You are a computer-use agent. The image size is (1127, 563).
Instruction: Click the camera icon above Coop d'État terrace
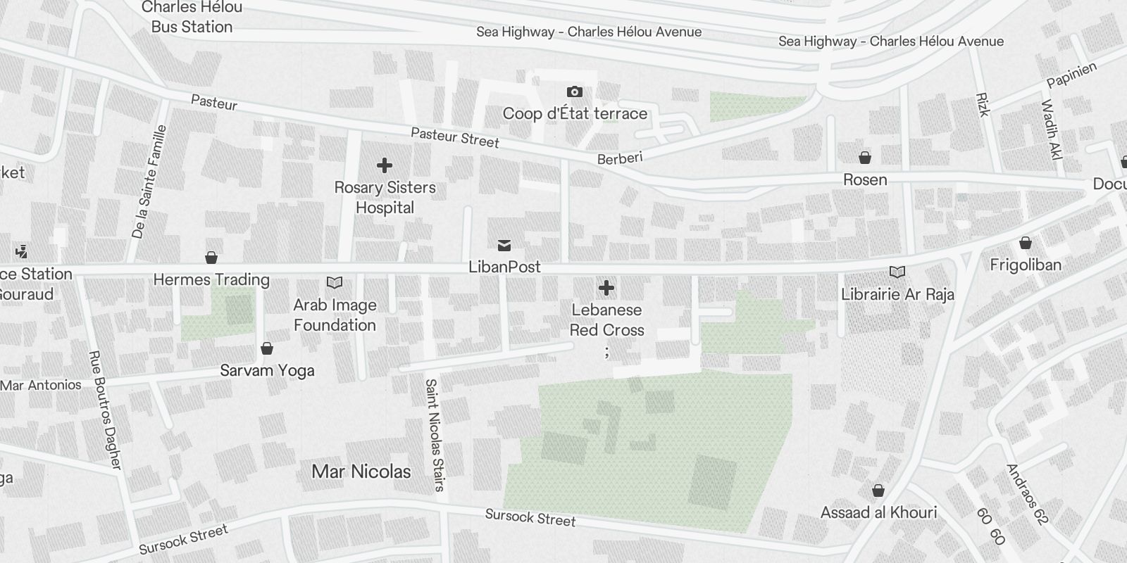pyautogui.click(x=574, y=91)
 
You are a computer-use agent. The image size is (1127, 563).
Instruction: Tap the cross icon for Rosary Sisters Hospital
pyautogui.click(x=384, y=165)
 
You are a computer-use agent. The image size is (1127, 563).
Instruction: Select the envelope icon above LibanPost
pyautogui.click(x=504, y=245)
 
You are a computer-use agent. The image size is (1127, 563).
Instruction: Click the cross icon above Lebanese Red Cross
pyautogui.click(x=606, y=288)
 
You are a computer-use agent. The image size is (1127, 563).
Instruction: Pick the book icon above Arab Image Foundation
pyautogui.click(x=335, y=283)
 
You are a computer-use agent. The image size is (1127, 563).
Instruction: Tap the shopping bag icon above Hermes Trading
pyautogui.click(x=211, y=258)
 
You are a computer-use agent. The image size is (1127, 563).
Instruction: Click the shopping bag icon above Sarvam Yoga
pyautogui.click(x=267, y=348)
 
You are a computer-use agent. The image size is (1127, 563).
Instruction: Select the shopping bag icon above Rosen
pyautogui.click(x=864, y=158)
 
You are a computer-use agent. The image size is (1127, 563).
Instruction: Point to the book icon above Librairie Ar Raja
pyautogui.click(x=897, y=272)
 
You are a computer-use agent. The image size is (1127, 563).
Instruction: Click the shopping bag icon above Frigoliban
pyautogui.click(x=1025, y=243)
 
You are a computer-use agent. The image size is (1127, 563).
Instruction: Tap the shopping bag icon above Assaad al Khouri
pyautogui.click(x=878, y=491)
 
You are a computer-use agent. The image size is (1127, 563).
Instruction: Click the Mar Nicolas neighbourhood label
pyautogui.click(x=361, y=472)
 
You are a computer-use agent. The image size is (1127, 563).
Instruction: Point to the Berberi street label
pyautogui.click(x=620, y=158)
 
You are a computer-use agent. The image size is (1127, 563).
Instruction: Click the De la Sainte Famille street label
pyautogui.click(x=149, y=182)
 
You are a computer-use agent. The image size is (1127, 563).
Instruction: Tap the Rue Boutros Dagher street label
pyautogui.click(x=106, y=410)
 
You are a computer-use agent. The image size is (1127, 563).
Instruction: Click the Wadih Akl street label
pyautogui.click(x=1051, y=130)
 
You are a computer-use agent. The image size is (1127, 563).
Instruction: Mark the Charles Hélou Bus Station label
pyautogui.click(x=192, y=18)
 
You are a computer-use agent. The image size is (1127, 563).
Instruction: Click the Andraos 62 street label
pyautogui.click(x=1028, y=495)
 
